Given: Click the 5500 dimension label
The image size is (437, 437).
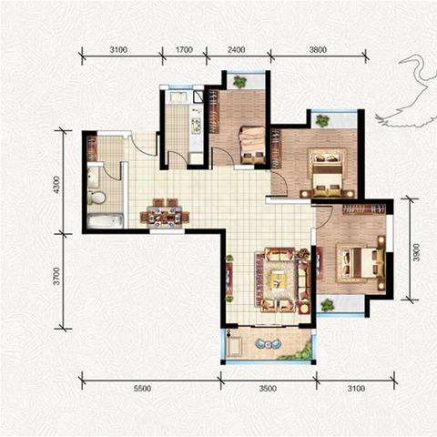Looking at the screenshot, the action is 142,389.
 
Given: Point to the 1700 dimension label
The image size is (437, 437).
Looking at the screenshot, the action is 184,49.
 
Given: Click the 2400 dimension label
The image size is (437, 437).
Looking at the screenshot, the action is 236,49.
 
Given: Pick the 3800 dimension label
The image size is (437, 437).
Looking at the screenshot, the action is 318,49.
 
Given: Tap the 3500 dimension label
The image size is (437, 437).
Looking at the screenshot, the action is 268,389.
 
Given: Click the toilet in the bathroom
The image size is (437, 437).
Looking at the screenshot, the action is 97,198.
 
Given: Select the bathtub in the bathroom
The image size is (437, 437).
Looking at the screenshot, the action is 106,220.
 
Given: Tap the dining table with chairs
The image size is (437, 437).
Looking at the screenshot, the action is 165,213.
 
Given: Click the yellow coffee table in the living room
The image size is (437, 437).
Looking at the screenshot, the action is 277,279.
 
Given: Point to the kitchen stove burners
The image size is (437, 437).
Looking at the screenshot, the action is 196,126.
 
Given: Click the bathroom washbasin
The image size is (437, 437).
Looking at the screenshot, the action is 93,176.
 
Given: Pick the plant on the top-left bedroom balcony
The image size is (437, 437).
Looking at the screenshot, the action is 239,81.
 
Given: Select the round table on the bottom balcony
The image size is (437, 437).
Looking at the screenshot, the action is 268,344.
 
